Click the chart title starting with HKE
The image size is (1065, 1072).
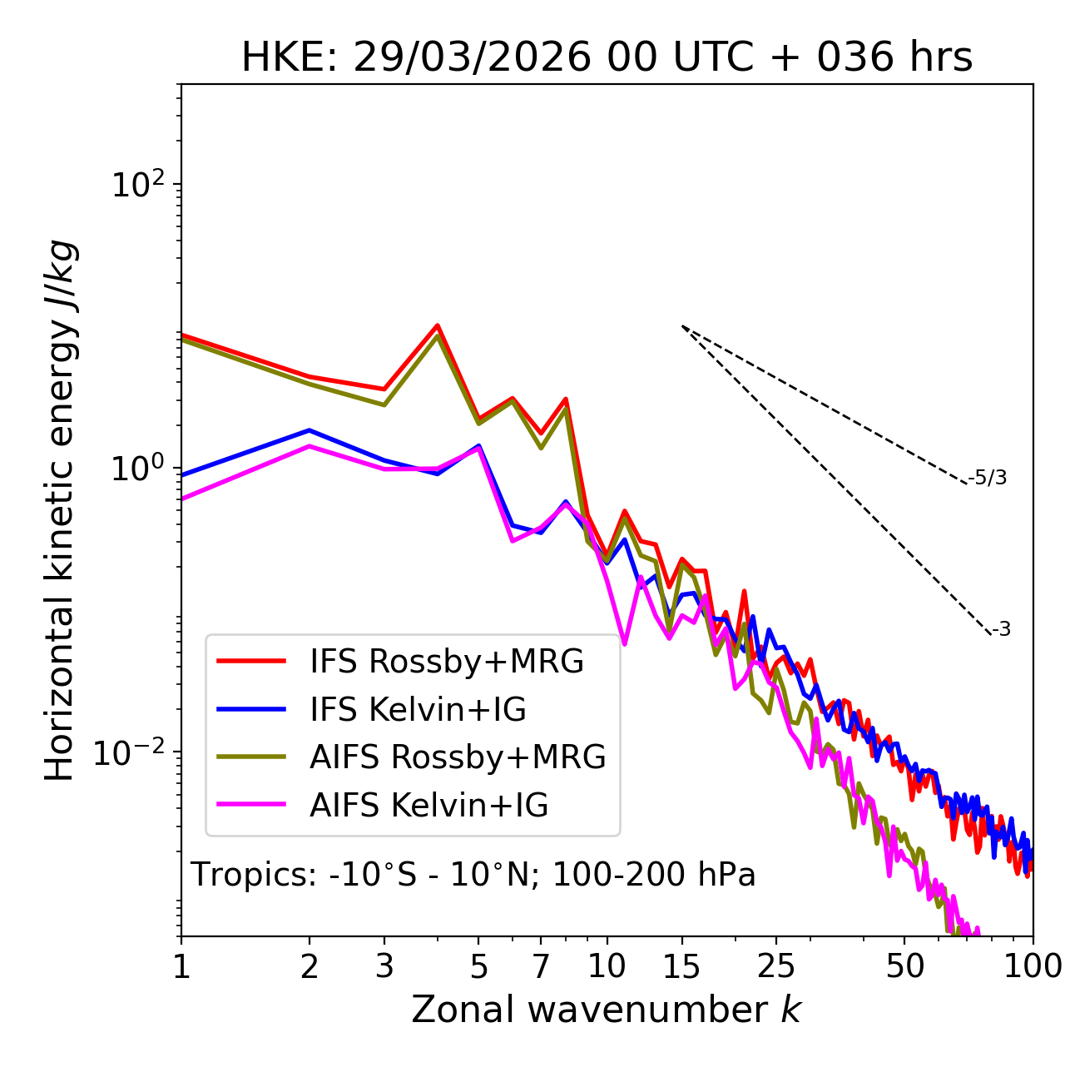607,58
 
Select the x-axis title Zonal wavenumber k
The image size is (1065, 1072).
606,1010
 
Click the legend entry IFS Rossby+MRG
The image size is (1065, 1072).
446,662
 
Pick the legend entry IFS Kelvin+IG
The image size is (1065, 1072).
418,710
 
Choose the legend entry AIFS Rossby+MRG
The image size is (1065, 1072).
457,757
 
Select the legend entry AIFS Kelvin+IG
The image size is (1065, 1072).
428,806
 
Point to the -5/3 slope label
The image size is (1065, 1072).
988,478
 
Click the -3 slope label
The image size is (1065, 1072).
1001,630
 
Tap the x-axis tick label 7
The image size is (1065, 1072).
541,966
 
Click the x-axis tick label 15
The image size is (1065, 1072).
681,966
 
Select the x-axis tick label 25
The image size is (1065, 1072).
776,966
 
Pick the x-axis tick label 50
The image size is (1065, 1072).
905,966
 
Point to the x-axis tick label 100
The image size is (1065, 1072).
1033,966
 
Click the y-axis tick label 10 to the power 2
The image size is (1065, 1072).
137,185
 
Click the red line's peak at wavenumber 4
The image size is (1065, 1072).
438,325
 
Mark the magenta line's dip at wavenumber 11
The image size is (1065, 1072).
624,643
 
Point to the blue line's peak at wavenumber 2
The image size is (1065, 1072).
310,430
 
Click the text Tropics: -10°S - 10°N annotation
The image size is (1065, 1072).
473,876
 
